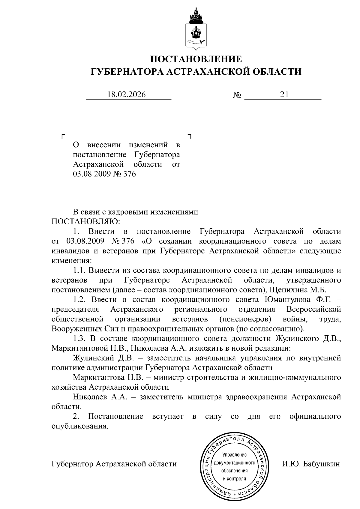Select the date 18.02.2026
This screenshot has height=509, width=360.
pos(126,95)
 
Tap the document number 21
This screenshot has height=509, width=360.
pos(284,95)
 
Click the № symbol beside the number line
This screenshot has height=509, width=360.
pos(237,95)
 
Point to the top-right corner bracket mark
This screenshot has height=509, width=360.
pos(189,136)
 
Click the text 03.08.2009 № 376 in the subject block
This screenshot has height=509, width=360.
pos(104,174)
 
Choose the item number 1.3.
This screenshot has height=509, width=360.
pos(79,338)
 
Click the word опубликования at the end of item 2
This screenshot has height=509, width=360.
pos(79,426)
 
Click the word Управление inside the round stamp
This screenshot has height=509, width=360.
pos(235,455)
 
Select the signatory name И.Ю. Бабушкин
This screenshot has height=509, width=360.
pos(311,464)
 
